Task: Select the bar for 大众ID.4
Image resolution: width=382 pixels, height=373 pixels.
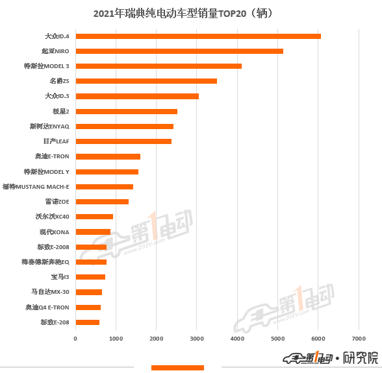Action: [198, 36]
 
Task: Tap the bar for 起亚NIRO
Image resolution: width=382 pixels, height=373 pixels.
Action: [179, 51]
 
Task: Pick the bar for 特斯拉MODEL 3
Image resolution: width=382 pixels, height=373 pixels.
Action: [159, 66]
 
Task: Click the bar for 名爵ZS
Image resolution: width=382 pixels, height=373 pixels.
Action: [146, 81]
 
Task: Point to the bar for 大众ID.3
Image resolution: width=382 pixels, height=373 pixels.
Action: [137, 96]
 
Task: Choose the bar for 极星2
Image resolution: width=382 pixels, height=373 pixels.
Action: [127, 112]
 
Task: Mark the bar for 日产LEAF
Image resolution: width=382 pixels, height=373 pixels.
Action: [123, 141]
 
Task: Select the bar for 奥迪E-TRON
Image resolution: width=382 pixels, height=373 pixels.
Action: [108, 156]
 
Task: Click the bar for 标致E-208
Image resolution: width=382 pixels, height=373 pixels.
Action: [88, 322]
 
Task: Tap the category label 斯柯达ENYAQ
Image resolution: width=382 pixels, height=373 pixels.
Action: [49, 126]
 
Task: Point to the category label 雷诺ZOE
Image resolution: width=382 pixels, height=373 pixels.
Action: [57, 202]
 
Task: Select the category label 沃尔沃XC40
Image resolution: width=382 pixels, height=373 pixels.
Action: [52, 217]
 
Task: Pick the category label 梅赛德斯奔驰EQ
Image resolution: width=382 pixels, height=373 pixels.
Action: [45, 262]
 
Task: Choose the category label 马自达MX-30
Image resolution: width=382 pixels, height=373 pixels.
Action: [50, 292]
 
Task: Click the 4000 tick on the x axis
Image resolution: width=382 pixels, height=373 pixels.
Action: [237, 339]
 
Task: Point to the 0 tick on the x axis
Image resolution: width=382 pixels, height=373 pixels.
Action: [75, 339]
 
